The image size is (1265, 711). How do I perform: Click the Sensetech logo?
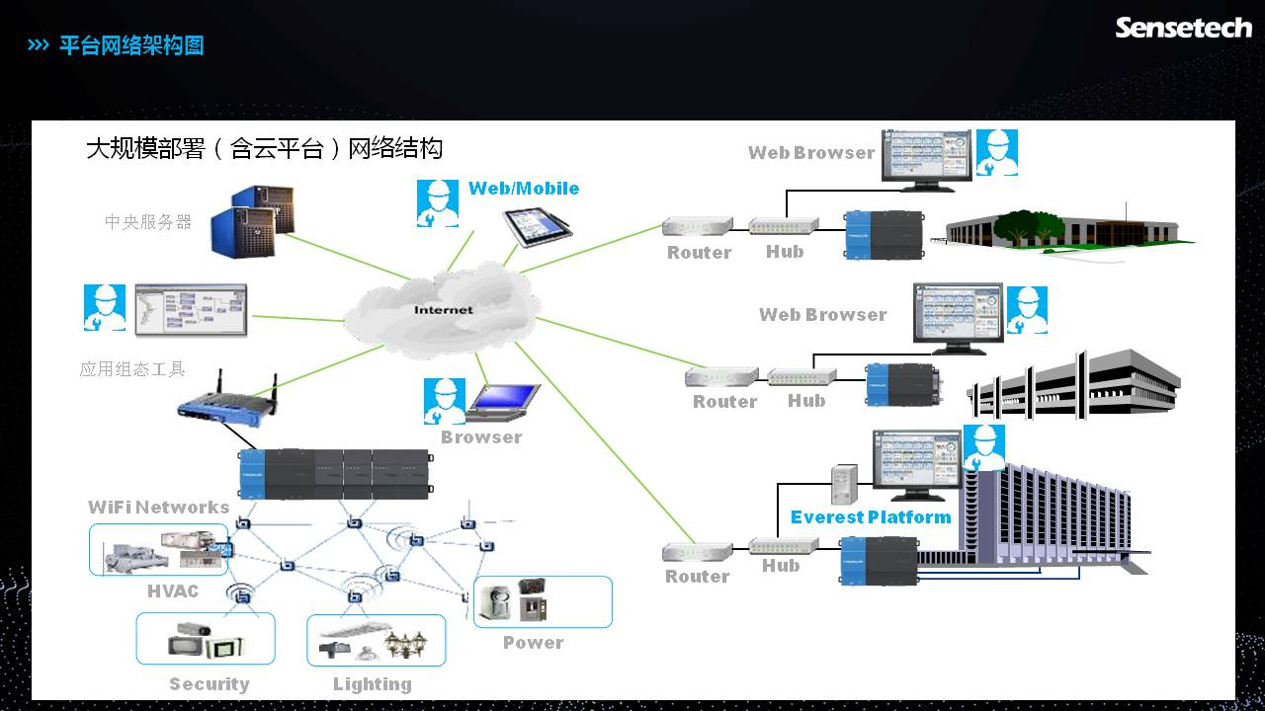pyautogui.click(x=1183, y=28)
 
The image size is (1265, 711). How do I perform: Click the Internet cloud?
pyautogui.click(x=442, y=309)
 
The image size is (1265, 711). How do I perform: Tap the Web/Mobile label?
pyautogui.click(x=524, y=189)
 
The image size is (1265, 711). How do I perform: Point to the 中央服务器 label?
pyautogui.click(x=148, y=222)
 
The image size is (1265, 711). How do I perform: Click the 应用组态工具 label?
pyautogui.click(x=132, y=369)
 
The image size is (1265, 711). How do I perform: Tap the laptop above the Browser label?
pyautogui.click(x=504, y=400)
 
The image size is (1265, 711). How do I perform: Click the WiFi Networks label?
pyautogui.click(x=158, y=508)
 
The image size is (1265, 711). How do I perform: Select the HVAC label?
pyautogui.click(x=173, y=592)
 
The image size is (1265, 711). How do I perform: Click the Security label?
pyautogui.click(x=209, y=684)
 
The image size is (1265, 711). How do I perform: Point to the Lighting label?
pyautogui.click(x=372, y=684)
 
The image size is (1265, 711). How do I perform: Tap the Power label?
pyautogui.click(x=533, y=643)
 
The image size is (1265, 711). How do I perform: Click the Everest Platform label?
pyautogui.click(x=871, y=517)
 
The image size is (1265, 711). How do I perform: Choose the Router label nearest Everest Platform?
pyautogui.click(x=697, y=577)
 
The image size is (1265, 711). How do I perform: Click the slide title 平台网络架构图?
pyautogui.click(x=131, y=45)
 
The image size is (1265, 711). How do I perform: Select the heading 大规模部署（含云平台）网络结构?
pyautogui.click(x=264, y=149)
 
